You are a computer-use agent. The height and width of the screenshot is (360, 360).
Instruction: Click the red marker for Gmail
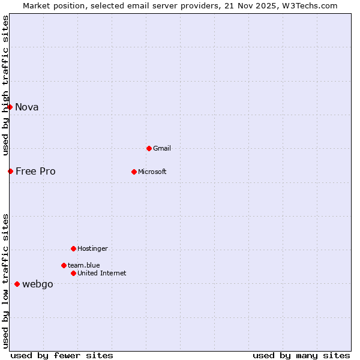[149, 148]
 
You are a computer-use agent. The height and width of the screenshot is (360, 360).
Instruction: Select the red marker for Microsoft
[134, 172]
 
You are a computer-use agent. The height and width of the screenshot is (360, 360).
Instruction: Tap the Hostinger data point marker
[73, 248]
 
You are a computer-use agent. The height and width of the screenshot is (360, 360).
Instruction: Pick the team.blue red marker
[64, 265]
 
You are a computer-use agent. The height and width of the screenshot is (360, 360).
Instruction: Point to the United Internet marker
[73, 273]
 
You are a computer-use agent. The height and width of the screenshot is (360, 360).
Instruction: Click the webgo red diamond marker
[17, 284]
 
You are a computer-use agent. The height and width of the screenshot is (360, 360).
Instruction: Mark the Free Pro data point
[10, 171]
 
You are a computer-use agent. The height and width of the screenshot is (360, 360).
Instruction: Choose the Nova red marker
[10, 107]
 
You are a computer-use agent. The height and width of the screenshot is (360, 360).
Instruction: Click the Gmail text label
[162, 148]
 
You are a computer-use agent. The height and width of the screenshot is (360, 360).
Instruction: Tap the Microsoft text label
[152, 172]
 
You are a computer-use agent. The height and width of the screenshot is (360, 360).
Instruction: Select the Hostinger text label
[92, 248]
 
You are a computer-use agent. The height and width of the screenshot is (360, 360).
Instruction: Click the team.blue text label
[84, 265]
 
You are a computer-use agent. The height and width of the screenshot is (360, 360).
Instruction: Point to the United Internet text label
[102, 273]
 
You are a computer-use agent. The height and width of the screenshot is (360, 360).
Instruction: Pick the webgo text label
[38, 284]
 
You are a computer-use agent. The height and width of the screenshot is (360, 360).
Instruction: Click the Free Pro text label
[35, 171]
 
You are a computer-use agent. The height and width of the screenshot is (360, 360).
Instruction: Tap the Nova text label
[27, 107]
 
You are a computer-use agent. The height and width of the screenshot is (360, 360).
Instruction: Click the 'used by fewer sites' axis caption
[62, 355]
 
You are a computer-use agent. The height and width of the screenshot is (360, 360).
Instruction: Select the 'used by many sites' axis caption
[301, 355]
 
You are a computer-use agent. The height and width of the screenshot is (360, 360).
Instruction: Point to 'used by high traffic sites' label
[5, 85]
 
